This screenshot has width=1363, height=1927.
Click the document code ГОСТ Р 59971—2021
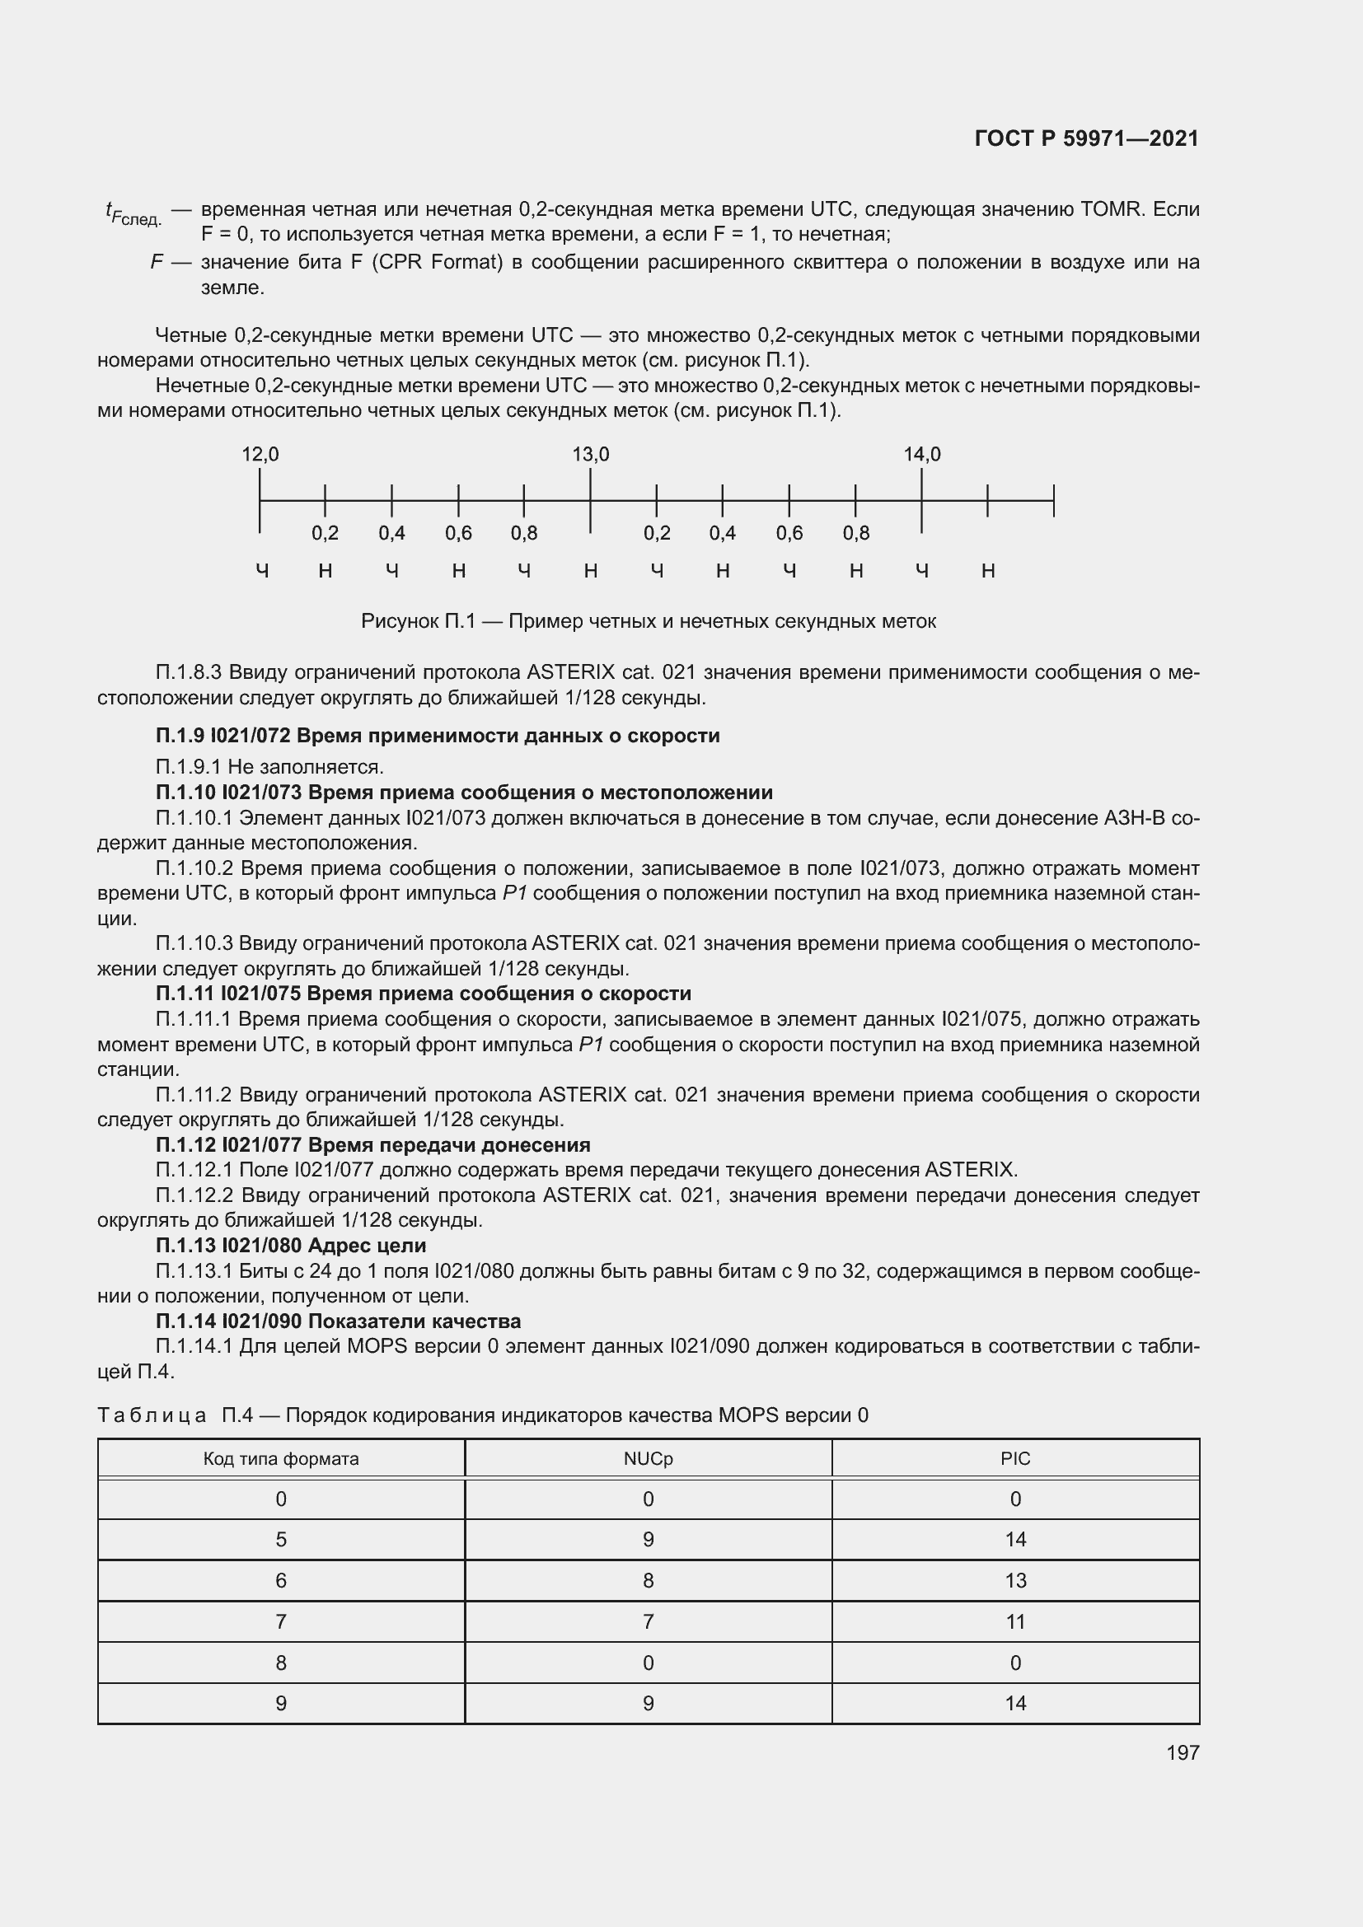1086,138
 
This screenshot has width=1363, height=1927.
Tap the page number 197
1182,1752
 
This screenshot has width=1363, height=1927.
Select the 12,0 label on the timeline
260,455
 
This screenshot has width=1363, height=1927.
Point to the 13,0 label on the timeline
591,455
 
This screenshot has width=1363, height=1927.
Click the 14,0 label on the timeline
921,455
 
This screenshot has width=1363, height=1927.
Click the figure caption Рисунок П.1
648,622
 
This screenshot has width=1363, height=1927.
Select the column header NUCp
648,1459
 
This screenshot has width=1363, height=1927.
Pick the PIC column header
1014,1459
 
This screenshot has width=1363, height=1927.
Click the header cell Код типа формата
281,1459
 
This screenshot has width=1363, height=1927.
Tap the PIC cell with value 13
1014,1581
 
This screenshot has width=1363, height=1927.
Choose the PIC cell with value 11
1014,1622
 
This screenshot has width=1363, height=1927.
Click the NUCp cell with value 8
648,1581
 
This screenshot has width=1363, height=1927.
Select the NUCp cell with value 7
648,1622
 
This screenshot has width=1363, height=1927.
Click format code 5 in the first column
281,1540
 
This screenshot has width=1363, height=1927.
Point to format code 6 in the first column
281,1581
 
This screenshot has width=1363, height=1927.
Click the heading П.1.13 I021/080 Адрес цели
290,1246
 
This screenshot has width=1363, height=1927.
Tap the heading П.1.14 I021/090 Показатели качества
338,1321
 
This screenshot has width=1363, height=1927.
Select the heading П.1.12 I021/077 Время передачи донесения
372,1145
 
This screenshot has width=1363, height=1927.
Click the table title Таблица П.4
483,1416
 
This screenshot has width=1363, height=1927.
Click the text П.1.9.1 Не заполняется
269,767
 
